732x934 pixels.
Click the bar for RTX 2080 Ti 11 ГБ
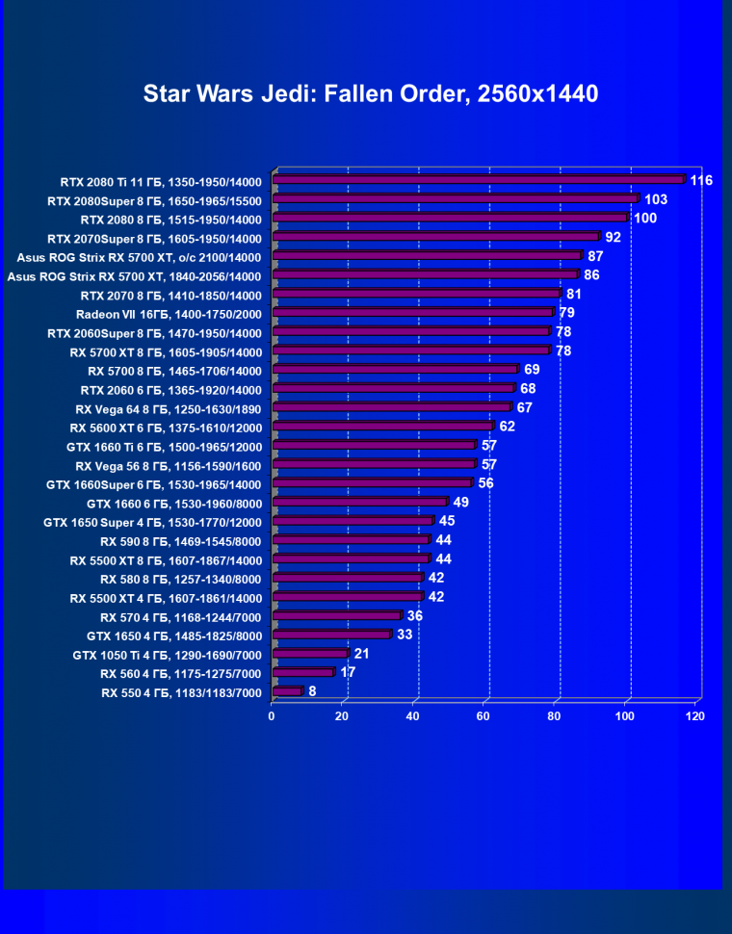pyautogui.click(x=479, y=179)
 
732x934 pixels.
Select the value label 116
pyautogui.click(x=701, y=180)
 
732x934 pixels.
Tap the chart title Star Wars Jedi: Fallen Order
pyautogui.click(x=371, y=93)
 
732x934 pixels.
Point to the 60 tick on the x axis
pyautogui.click(x=484, y=716)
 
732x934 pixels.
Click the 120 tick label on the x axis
pyautogui.click(x=695, y=716)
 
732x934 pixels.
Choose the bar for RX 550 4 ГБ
pyautogui.click(x=287, y=691)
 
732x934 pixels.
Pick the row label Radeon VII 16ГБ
pyautogui.click(x=169, y=313)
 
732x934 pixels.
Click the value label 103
pyautogui.click(x=656, y=199)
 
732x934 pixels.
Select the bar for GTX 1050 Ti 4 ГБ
pyautogui.click(x=310, y=654)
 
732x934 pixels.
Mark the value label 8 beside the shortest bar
pyautogui.click(x=312, y=691)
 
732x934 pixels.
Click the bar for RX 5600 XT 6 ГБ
pyautogui.click(x=383, y=426)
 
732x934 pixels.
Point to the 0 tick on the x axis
pyautogui.click(x=273, y=716)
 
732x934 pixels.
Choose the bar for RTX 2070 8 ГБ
pyautogui.click(x=416, y=294)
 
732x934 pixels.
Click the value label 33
pyautogui.click(x=405, y=635)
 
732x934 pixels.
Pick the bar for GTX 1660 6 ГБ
pyautogui.click(x=360, y=502)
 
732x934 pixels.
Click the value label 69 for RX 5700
pyautogui.click(x=531, y=370)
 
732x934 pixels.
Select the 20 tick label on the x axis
pyautogui.click(x=343, y=716)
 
